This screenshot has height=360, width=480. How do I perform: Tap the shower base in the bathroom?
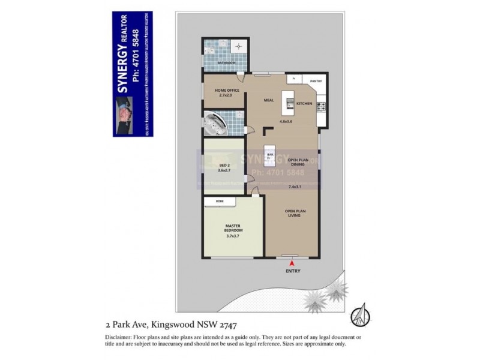click(x=240, y=46)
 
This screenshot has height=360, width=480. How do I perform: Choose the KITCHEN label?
click(x=304, y=104)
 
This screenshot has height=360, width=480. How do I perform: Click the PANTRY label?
click(x=316, y=80)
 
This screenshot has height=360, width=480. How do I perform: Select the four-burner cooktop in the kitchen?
click(x=321, y=107)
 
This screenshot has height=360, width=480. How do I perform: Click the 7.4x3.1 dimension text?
click(x=294, y=187)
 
